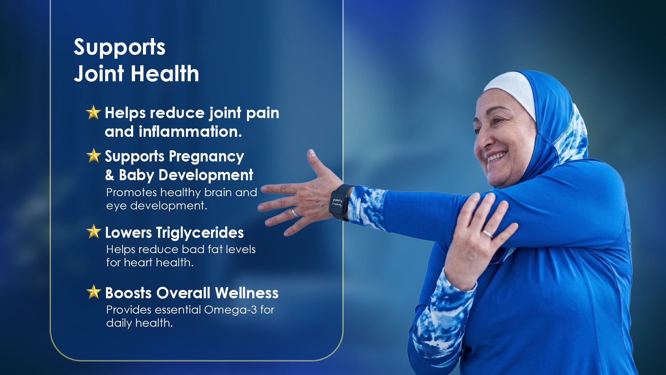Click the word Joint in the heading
click(x=99, y=74)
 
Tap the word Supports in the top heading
click(x=120, y=47)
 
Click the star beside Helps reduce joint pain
click(x=93, y=112)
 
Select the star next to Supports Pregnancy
click(x=94, y=156)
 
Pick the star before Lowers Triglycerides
click(x=94, y=232)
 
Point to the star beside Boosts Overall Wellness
click(x=94, y=292)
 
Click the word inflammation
click(x=190, y=132)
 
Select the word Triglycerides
click(x=200, y=233)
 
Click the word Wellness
click(x=247, y=293)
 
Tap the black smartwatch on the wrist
click(x=340, y=202)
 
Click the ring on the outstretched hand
click(x=294, y=212)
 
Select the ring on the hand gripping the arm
click(x=488, y=233)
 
